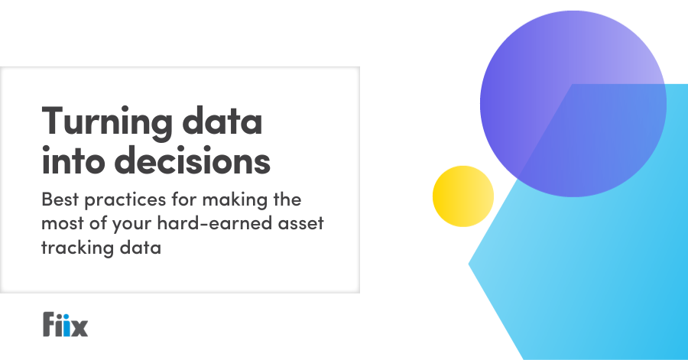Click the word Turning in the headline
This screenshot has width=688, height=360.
pyautogui.click(x=106, y=121)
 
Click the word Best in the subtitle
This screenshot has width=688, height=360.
pyautogui.click(x=60, y=199)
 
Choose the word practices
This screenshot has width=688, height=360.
pyautogui.click(x=125, y=201)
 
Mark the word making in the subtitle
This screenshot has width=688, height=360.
pyautogui.click(x=235, y=201)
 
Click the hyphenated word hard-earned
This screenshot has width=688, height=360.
pyautogui.click(x=215, y=223)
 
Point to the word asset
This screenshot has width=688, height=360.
pyautogui.click(x=300, y=224)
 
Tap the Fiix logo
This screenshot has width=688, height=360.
pyautogui.click(x=66, y=324)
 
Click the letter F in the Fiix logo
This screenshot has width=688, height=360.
pyautogui.click(x=49, y=324)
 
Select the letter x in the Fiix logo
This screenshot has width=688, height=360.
pyautogui.click(x=80, y=328)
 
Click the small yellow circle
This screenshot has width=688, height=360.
pyautogui.click(x=463, y=196)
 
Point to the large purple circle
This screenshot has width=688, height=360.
pyautogui.click(x=573, y=104)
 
